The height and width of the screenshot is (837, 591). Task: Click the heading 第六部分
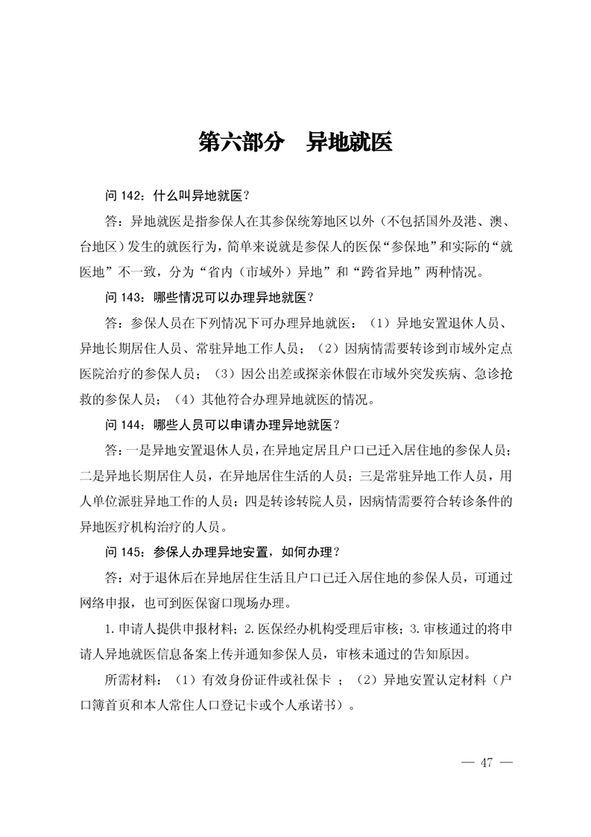coord(241,142)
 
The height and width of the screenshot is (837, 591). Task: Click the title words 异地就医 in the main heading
coord(349,142)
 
